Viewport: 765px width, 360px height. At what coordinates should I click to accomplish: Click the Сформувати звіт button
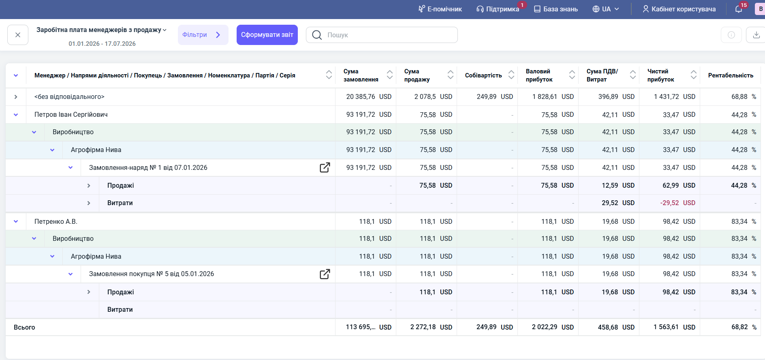(x=267, y=35)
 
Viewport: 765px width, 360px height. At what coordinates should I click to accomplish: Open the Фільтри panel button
(x=203, y=35)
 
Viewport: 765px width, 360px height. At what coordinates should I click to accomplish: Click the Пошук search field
(x=382, y=35)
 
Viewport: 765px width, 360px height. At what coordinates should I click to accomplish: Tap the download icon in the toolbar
(x=756, y=35)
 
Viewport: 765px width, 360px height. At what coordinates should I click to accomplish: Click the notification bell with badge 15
(x=739, y=9)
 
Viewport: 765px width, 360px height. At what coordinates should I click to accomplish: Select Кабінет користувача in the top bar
(x=679, y=9)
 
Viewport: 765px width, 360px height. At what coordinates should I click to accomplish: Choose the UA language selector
(x=606, y=9)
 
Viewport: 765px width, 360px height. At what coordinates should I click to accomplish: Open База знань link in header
(x=556, y=9)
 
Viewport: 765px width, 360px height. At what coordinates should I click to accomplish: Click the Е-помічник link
(x=440, y=9)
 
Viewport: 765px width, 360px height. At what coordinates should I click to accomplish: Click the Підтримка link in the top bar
(x=498, y=9)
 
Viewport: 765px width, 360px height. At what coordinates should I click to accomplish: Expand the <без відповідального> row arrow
(x=16, y=97)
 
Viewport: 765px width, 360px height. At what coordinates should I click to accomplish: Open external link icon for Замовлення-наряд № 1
(x=325, y=167)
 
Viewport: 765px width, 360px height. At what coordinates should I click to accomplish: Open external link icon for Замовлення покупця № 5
(x=325, y=274)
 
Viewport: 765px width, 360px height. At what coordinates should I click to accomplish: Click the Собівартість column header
(x=483, y=75)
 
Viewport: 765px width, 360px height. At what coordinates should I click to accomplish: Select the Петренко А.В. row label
(x=56, y=222)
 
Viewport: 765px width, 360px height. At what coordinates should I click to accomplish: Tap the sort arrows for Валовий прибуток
(x=572, y=75)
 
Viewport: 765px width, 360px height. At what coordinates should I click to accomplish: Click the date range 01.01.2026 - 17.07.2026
(x=102, y=44)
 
